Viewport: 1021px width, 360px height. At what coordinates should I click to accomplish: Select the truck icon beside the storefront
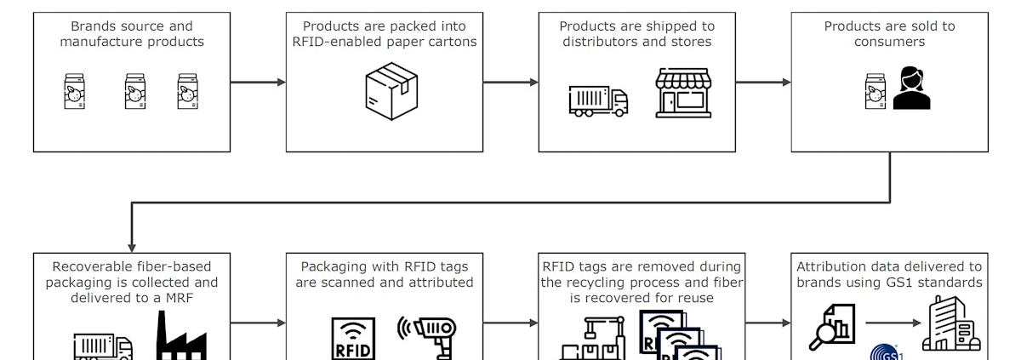coord(598,100)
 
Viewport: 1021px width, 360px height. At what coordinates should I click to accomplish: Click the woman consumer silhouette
coord(911,89)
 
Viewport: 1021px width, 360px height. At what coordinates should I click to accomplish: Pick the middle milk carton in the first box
coord(135,92)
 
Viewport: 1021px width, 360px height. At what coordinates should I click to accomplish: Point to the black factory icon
coord(181,339)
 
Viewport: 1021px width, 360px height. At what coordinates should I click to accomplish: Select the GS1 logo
coord(887,353)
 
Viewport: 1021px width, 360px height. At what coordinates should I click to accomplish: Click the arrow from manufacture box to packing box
coord(258,83)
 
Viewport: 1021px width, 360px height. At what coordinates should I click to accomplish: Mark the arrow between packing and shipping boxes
coord(510,83)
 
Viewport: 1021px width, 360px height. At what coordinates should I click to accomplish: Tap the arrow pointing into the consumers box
coord(763,83)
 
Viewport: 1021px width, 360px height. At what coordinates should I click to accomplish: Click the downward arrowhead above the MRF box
coord(132,243)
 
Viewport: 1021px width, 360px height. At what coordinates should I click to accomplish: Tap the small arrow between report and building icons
coord(893,323)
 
